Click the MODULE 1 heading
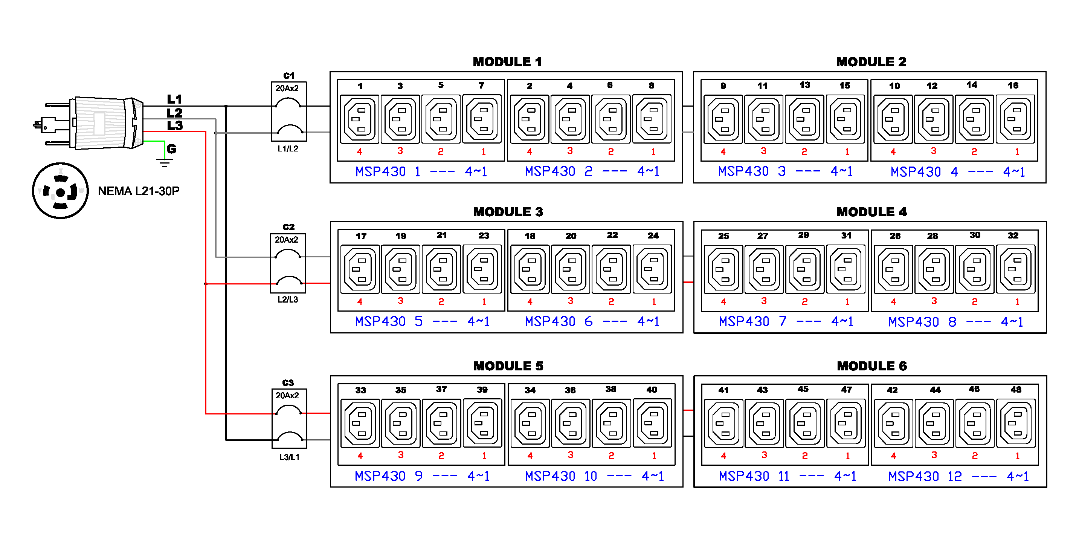(x=507, y=62)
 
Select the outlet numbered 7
(x=482, y=119)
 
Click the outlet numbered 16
(x=1015, y=119)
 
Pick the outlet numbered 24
(x=653, y=269)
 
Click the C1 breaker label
(x=288, y=76)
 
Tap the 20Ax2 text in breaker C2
(x=287, y=240)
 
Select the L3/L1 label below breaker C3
(x=289, y=457)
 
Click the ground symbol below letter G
(x=164, y=163)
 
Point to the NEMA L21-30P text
(x=139, y=191)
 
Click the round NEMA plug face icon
(x=60, y=191)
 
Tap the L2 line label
(x=175, y=113)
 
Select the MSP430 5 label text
(x=389, y=322)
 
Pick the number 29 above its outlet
(x=803, y=235)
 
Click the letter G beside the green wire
(x=171, y=149)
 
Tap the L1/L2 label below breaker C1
(x=288, y=149)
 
